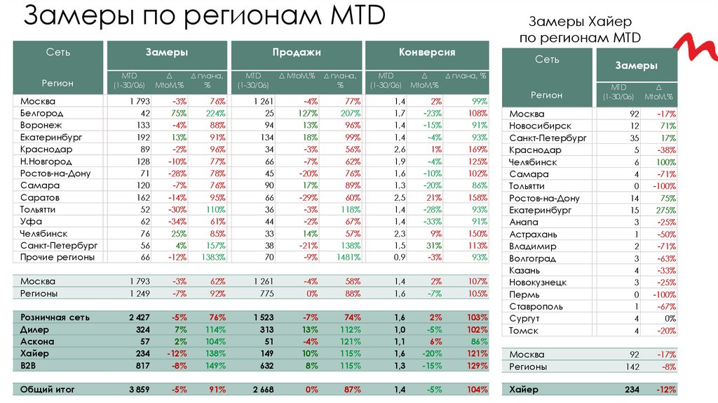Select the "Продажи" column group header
297,53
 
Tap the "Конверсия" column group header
427,53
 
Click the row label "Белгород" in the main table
41,113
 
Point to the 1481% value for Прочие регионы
347,258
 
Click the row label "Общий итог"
47,389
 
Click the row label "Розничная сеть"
53,317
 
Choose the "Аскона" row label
38,341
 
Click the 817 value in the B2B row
142,365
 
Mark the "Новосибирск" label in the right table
540,126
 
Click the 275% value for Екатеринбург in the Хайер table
664,210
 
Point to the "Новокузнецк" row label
538,282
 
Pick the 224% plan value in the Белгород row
215,113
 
